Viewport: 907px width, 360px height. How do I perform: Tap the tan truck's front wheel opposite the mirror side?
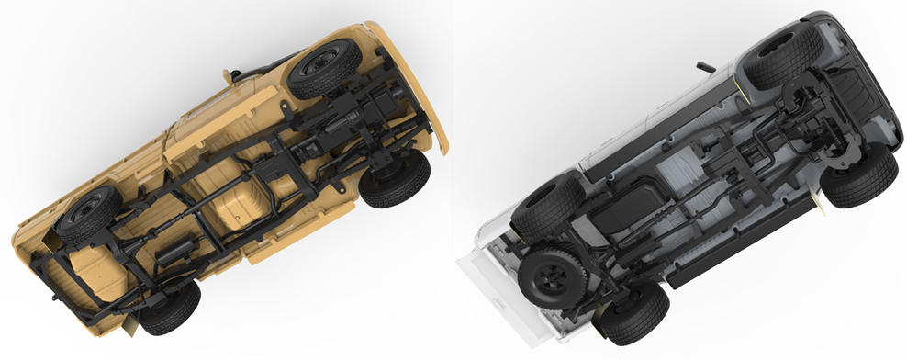(396, 177)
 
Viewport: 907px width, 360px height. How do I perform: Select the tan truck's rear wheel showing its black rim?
(89, 217)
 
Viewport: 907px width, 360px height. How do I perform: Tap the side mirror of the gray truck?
(705, 67)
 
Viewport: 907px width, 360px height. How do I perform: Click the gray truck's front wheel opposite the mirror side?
(859, 176)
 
